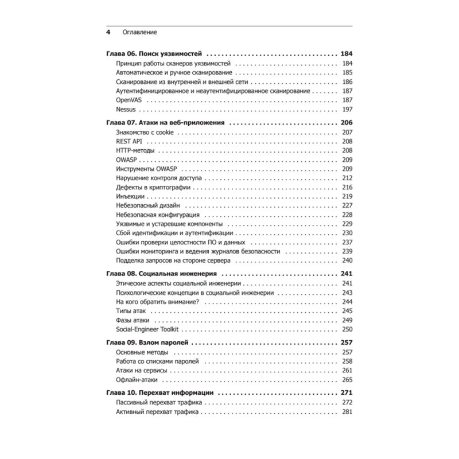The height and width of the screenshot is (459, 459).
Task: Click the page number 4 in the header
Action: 108,32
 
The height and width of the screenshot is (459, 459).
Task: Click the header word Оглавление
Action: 140,32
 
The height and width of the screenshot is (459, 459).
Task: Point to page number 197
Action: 346,109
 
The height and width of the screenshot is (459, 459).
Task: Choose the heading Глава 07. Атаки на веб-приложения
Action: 165,123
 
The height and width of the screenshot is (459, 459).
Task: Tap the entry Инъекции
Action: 131,196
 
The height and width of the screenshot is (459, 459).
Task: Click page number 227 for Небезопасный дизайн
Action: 346,205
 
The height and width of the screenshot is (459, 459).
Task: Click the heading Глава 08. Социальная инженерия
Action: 165,274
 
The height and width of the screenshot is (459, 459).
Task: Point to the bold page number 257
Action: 346,343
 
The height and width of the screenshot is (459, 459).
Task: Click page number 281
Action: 346,412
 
